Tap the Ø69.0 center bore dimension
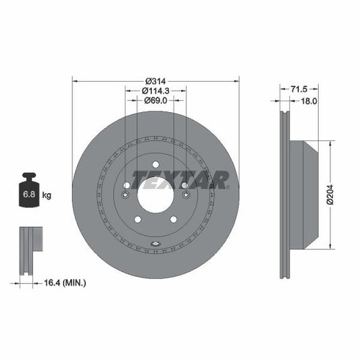[155, 100]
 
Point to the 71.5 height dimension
[299, 89]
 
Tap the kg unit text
[47, 195]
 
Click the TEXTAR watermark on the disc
[180, 179]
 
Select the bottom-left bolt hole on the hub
[138, 218]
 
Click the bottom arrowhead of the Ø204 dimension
[329, 244]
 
